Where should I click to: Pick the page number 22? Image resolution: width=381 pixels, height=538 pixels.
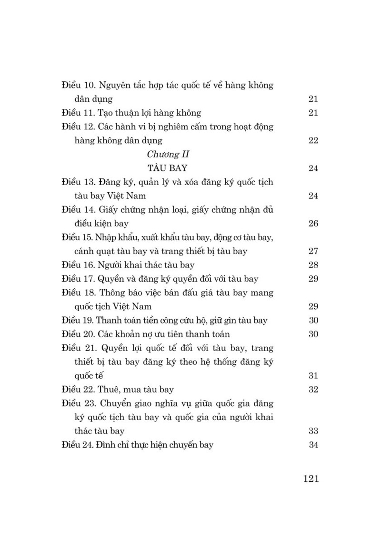tap(313, 140)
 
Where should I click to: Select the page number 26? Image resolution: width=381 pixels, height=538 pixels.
tap(313, 223)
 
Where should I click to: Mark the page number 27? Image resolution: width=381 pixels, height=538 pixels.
tap(313, 251)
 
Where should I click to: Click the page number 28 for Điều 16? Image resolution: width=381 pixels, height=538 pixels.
tap(313, 264)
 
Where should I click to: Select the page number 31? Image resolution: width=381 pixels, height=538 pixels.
tap(313, 375)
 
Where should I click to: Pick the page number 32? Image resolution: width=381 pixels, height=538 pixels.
tap(313, 390)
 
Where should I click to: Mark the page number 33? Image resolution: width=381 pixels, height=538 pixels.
tap(313, 431)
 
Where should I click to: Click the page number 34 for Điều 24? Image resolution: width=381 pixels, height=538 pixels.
tap(313, 445)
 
